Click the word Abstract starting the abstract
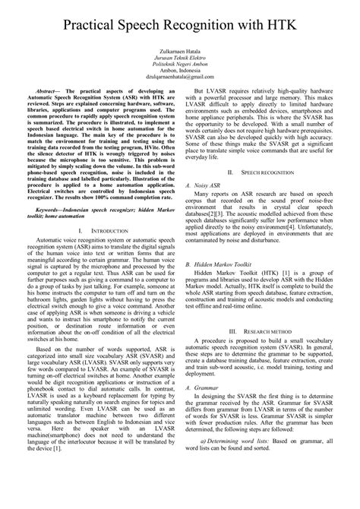click(52, 112)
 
